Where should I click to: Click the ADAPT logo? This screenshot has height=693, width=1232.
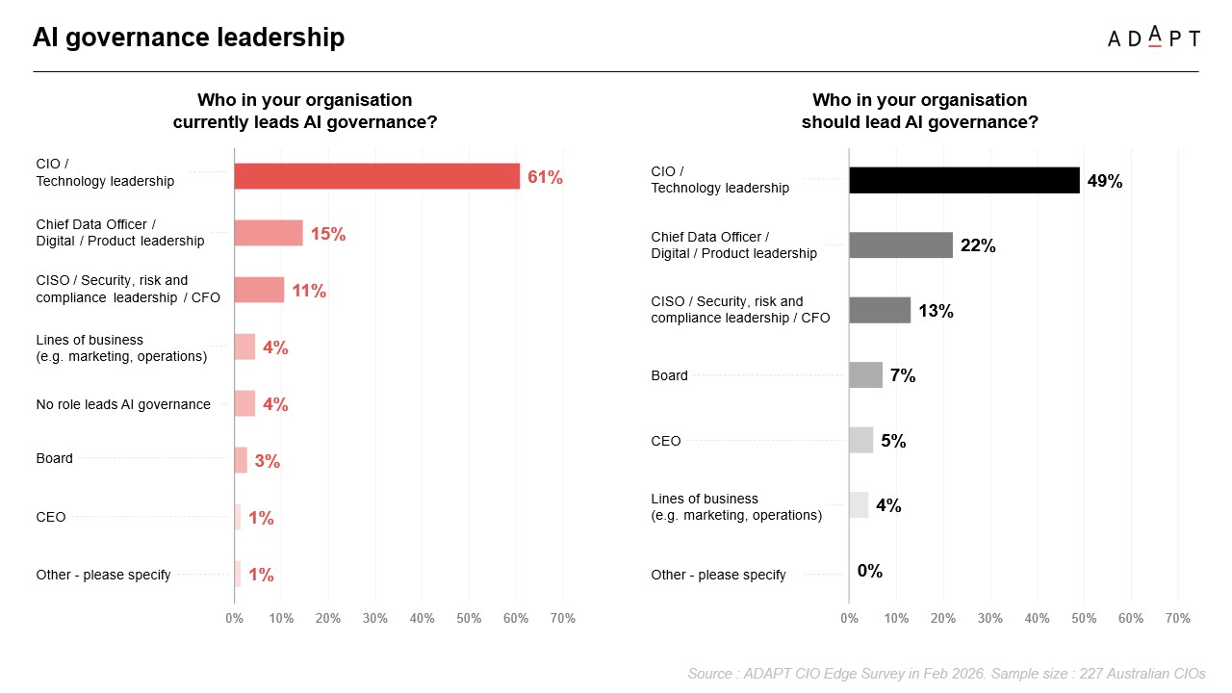pos(1153,38)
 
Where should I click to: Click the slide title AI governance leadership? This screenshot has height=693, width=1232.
pos(189,38)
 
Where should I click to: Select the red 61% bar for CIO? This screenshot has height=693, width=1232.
pos(377,176)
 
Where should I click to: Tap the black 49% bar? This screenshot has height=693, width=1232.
pos(964,180)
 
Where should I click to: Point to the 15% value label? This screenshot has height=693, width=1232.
pos(327,233)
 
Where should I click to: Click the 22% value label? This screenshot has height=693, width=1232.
pos(978,245)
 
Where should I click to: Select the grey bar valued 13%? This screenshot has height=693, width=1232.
pos(880,310)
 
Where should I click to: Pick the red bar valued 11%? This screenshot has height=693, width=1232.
pos(259,290)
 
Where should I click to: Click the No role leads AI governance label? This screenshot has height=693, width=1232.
pos(123,404)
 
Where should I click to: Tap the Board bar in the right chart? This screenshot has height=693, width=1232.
pos(865,375)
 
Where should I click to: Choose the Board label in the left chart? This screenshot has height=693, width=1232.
pos(55,458)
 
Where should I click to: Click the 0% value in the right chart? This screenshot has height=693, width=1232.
pos(870,571)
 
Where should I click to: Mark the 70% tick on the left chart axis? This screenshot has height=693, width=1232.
pos(562,618)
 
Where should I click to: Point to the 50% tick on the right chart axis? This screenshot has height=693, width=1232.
pos(1084,618)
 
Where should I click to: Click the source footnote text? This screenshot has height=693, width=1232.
pos(946,674)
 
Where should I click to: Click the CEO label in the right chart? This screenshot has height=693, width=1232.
pos(666,441)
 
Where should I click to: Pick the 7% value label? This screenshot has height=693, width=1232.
pos(903,375)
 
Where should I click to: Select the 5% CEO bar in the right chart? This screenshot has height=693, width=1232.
pos(860,440)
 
